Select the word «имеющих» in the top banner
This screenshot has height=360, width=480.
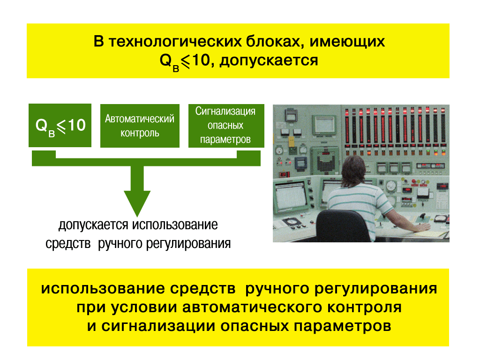point(347,42)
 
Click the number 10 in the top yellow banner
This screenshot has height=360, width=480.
point(201,60)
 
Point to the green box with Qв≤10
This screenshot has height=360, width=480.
point(60,125)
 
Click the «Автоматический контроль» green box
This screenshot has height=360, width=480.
point(140,126)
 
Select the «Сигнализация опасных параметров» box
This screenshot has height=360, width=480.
point(226,126)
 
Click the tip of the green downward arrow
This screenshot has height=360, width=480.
point(137,217)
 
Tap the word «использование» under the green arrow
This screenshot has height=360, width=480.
point(175,225)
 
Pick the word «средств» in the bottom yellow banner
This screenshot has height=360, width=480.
point(202,289)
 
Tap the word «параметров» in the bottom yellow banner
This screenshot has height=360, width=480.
point(343,327)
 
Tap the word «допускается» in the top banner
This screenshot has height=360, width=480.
point(269,60)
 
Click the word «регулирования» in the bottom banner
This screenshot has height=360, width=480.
point(376,289)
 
